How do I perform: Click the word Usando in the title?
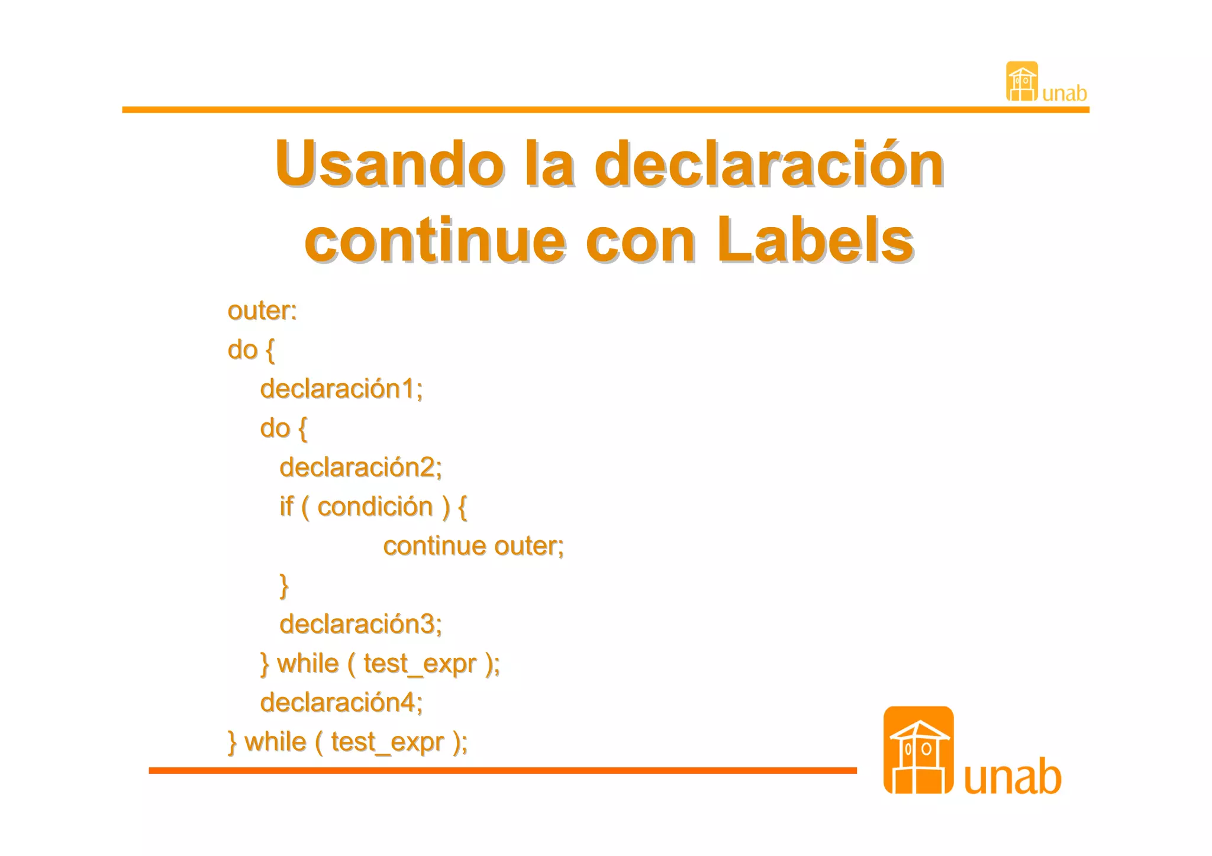(x=389, y=164)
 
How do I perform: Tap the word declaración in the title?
(x=769, y=164)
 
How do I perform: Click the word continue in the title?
(x=435, y=241)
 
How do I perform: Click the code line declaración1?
(x=341, y=389)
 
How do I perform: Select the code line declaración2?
(x=360, y=468)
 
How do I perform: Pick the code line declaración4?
(x=341, y=703)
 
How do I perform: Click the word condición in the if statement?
(x=375, y=507)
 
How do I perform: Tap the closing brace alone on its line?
(x=284, y=585)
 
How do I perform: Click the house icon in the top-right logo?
(x=1022, y=82)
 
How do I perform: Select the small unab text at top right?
(x=1064, y=93)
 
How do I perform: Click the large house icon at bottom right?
(x=918, y=750)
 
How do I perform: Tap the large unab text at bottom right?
(x=1013, y=777)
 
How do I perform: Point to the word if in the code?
(x=286, y=507)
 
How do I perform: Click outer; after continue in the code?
(x=529, y=546)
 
